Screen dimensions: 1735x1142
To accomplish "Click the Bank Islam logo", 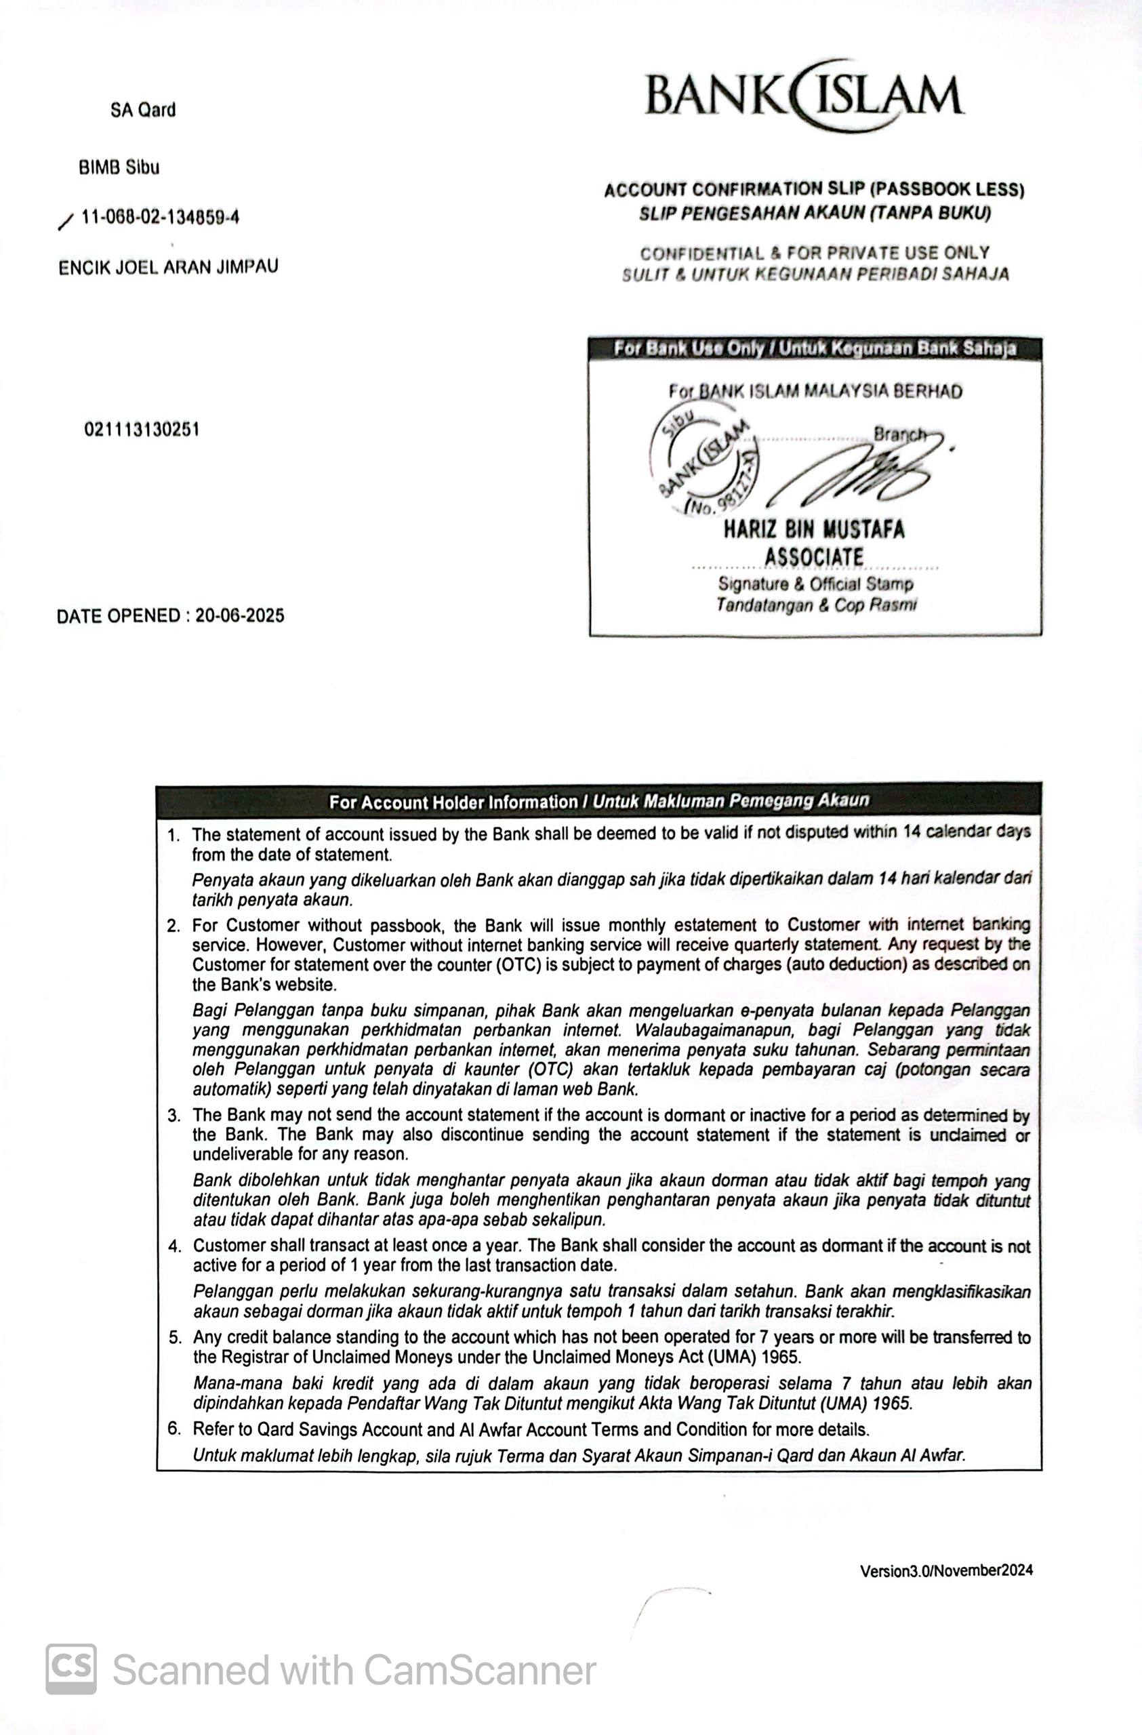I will (x=804, y=96).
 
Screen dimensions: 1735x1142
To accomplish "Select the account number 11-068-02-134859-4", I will (x=161, y=218).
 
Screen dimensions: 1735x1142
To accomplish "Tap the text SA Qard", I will (x=143, y=110).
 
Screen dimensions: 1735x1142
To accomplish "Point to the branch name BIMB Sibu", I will (x=119, y=167).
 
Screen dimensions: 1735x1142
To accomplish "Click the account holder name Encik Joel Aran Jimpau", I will (x=168, y=267).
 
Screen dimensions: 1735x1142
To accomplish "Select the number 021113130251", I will (x=142, y=430).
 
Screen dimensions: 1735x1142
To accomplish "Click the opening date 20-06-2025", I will (x=240, y=616).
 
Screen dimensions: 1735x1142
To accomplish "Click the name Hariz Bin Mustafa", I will (x=814, y=529).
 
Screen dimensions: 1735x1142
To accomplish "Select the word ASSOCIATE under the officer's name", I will (x=814, y=557).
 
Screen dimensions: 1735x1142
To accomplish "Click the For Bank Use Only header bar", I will (x=815, y=348).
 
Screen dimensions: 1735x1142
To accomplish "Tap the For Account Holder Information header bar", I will (x=598, y=801).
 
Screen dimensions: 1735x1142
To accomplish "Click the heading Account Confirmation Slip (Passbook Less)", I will (x=814, y=190).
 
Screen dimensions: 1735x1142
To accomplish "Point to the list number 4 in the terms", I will (x=174, y=1246).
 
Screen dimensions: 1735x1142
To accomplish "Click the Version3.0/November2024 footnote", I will (x=946, y=1570).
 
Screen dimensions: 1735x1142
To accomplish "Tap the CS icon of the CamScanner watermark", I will (x=70, y=1669).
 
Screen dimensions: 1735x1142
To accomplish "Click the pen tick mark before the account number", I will (x=66, y=222).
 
